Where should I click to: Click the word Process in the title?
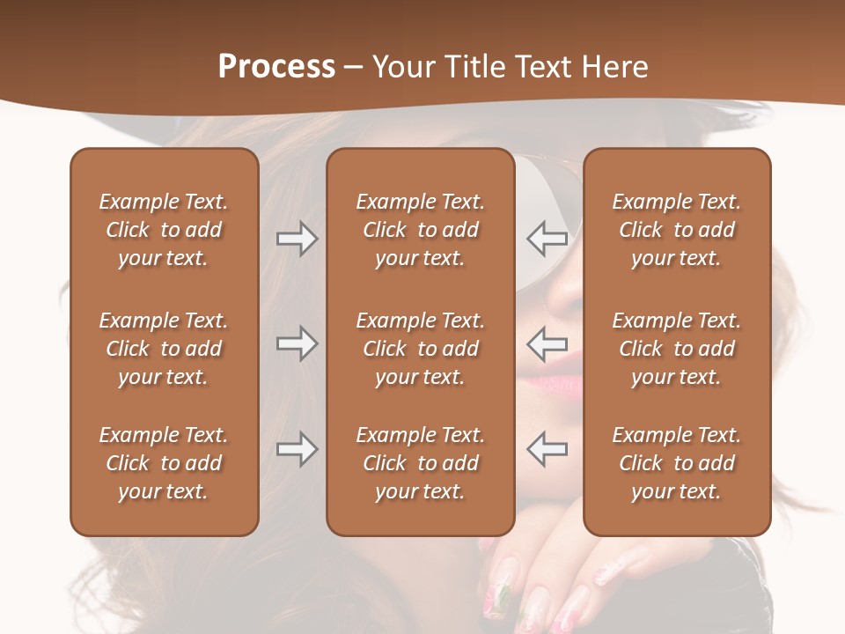(276, 67)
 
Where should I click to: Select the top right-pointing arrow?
(297, 239)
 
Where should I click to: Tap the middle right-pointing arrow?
(297, 343)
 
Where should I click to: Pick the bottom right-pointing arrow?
(297, 449)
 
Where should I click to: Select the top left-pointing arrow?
(547, 238)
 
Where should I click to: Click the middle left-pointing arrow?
(547, 343)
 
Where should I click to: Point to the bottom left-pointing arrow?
(547, 449)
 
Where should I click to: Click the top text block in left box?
(164, 230)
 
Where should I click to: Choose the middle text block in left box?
(164, 349)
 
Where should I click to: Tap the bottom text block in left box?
(164, 463)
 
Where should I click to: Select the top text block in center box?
(421, 230)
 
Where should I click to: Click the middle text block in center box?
(421, 349)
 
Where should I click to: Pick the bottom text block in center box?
(421, 463)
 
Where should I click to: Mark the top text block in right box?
(677, 230)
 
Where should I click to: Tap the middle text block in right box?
(677, 349)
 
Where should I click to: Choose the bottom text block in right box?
(677, 463)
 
